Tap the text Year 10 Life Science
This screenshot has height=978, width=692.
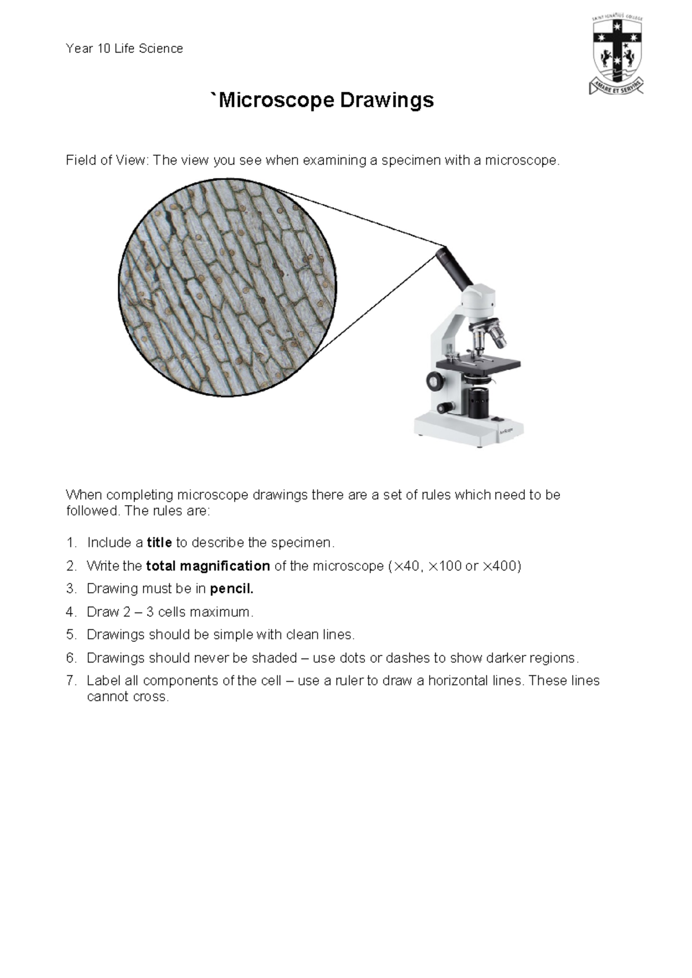coord(125,49)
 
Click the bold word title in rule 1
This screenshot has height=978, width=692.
coord(159,543)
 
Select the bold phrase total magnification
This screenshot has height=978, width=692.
coord(208,566)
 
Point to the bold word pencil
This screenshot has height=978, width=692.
coord(232,589)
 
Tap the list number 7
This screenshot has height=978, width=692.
coord(71,681)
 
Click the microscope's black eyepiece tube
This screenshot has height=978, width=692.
coord(454,269)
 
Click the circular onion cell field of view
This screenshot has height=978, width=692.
coord(227,287)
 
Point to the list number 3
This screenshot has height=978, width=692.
coord(71,589)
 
